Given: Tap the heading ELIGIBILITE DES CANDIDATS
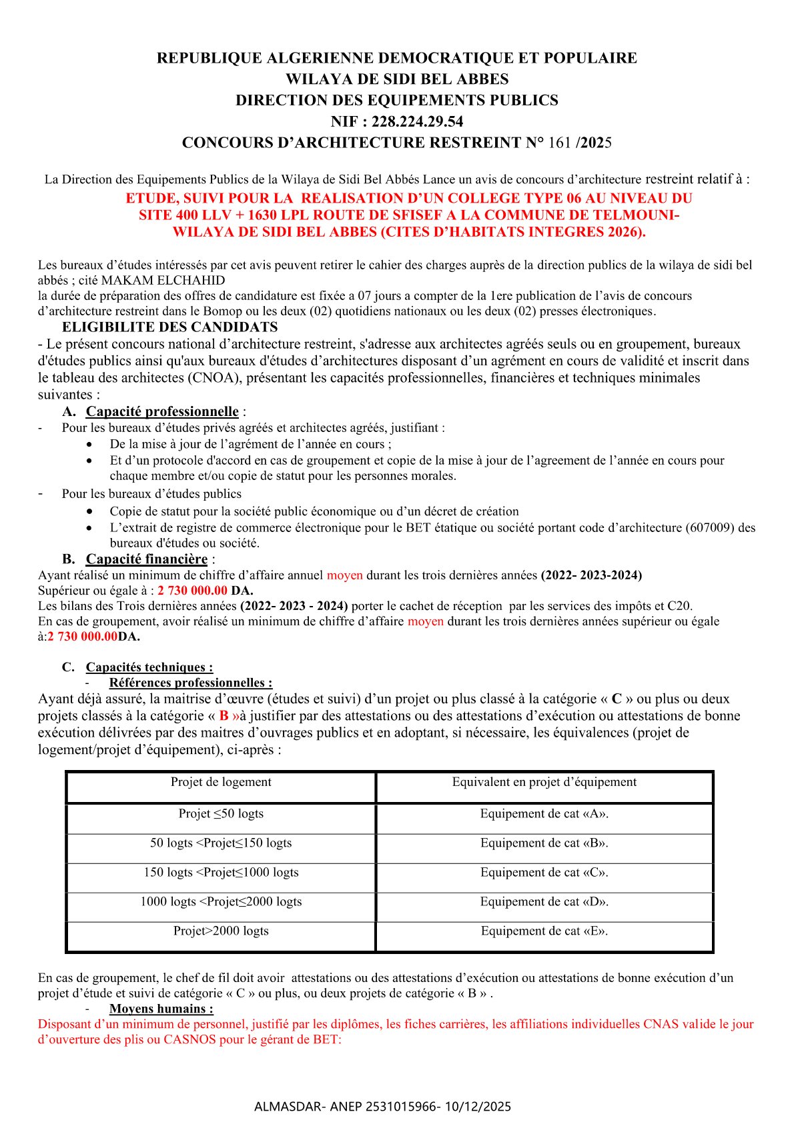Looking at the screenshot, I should click(169, 327).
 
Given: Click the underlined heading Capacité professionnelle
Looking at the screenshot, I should click(162, 411).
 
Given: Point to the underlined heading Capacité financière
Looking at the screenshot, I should click(146, 559).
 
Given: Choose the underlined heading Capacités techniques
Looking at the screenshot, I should click(149, 667).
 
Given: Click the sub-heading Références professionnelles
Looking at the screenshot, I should click(190, 683).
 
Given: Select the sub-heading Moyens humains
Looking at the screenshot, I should click(161, 1009).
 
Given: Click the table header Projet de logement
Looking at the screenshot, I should click(221, 782).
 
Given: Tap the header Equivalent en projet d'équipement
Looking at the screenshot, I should click(544, 782).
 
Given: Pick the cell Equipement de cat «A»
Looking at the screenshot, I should click(544, 813).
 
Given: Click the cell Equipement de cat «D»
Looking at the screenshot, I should click(544, 901).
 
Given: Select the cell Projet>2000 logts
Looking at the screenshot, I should click(221, 931).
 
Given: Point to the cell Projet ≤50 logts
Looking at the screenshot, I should click(221, 813).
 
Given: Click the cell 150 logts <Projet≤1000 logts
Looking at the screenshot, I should click(221, 872).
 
